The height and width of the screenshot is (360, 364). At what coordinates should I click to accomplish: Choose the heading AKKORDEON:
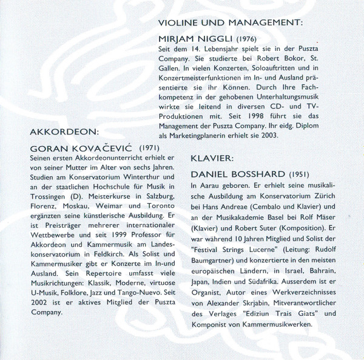point(64,132)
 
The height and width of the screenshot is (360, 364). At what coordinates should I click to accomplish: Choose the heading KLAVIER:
point(212,158)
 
